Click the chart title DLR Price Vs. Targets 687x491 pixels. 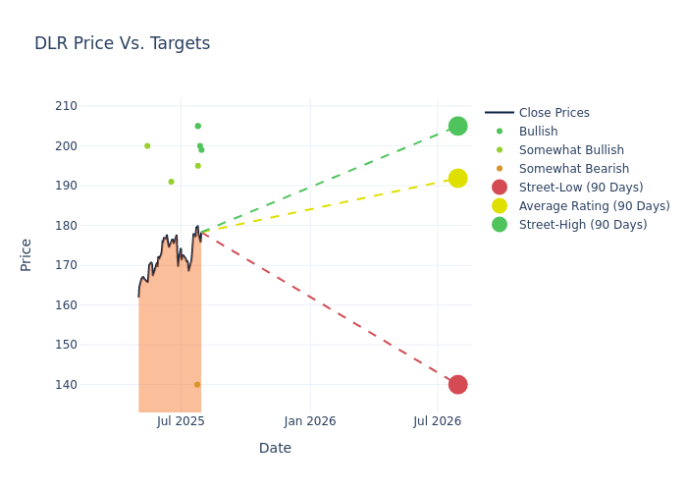coord(122,44)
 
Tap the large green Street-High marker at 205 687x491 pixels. coord(457,126)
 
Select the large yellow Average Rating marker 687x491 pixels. coord(457,178)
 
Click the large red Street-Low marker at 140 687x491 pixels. coord(457,384)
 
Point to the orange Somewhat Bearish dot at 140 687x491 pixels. coord(197,385)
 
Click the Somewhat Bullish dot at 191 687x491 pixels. coord(171,182)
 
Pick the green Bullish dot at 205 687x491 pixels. coord(197,126)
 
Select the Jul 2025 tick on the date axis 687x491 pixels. coord(181,421)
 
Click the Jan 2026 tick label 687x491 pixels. coord(310,421)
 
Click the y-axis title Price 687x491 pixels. coord(26,254)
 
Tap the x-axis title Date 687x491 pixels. coord(275,449)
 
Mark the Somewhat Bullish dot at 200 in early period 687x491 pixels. coord(147,146)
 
